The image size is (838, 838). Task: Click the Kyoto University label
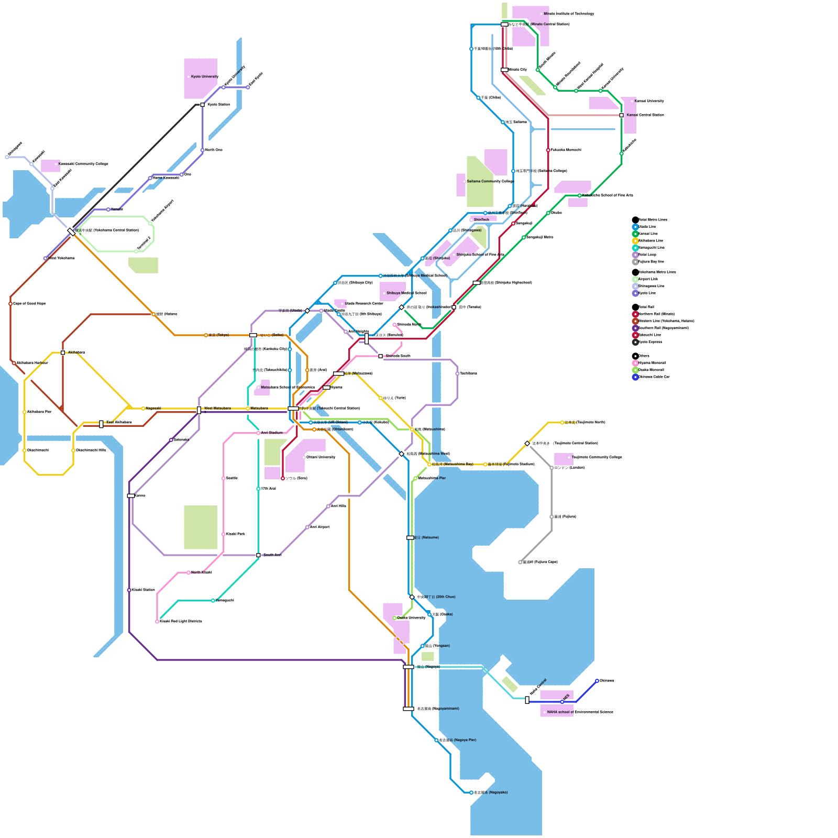click(204, 76)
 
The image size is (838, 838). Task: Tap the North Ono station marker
click(203, 150)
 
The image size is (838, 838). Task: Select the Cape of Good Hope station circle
click(10, 304)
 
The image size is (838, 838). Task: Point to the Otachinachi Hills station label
click(91, 450)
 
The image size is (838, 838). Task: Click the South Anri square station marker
click(258, 555)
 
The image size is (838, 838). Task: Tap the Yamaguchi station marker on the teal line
click(213, 601)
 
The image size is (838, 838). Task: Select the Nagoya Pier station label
click(458, 740)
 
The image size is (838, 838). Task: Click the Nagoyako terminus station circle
click(471, 792)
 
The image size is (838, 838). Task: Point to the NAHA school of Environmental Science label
click(580, 712)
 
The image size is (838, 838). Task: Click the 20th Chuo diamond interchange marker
click(412, 597)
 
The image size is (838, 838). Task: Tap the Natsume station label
click(426, 537)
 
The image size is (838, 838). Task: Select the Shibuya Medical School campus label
click(406, 293)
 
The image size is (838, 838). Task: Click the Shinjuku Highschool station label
click(506, 282)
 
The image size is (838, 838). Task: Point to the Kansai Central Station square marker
click(622, 115)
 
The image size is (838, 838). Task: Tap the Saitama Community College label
click(490, 181)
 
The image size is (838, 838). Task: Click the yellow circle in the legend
click(635, 241)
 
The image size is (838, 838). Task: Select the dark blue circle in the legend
click(635, 377)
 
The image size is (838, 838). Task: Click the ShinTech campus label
click(481, 219)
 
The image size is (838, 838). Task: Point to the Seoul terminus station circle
click(283, 478)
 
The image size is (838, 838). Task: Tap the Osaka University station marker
click(395, 618)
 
